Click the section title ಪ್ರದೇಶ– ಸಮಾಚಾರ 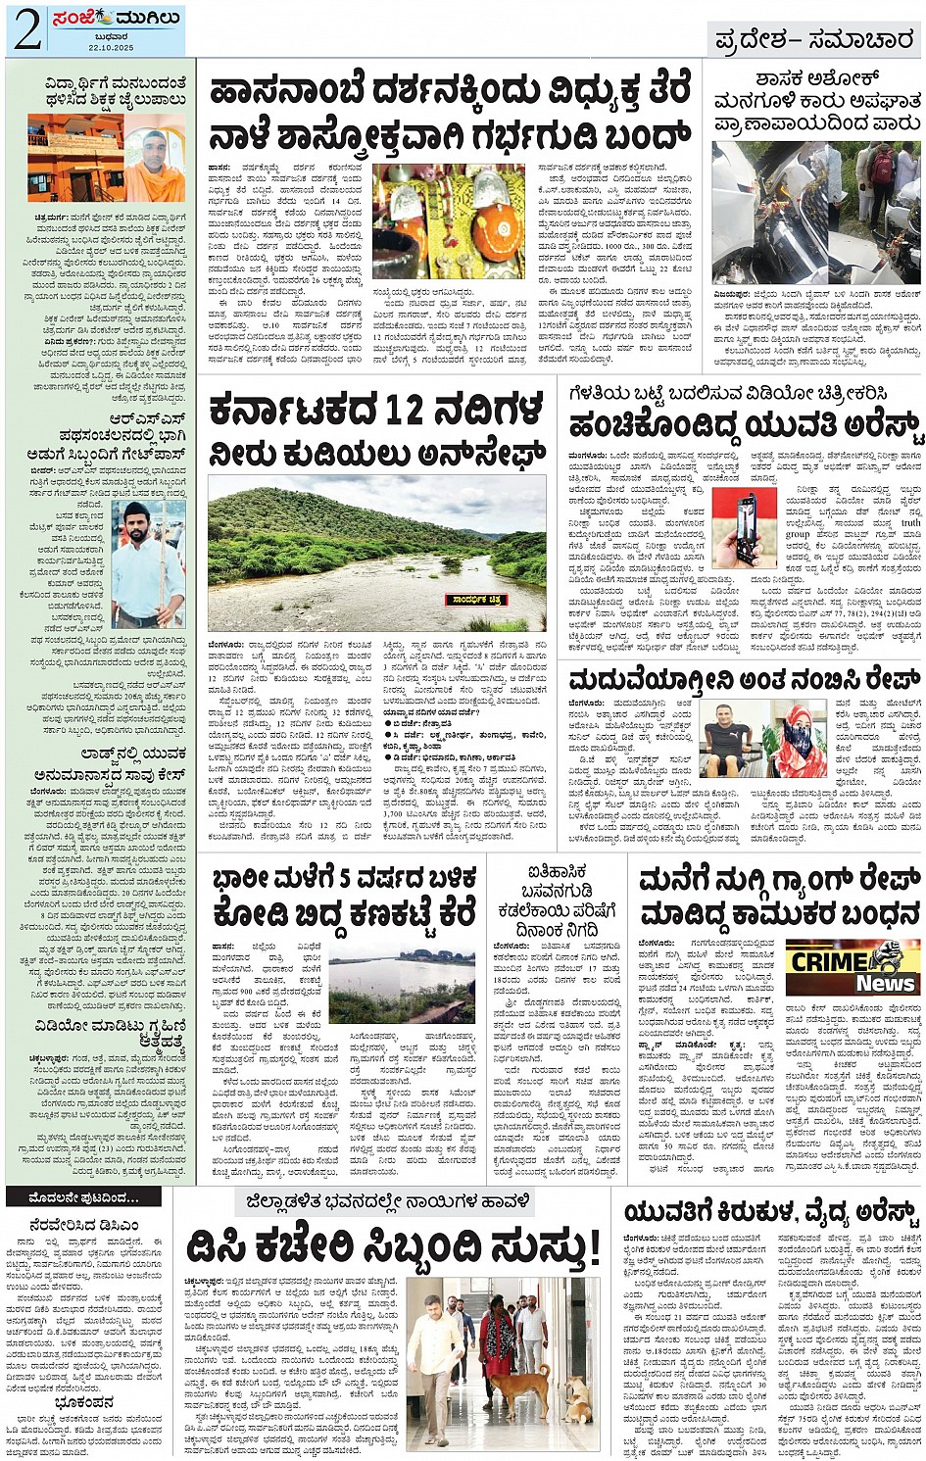814,40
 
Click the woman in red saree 496,1344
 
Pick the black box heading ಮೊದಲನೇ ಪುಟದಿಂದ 71,1197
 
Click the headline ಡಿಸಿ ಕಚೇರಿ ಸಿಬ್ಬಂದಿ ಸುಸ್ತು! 392,1247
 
